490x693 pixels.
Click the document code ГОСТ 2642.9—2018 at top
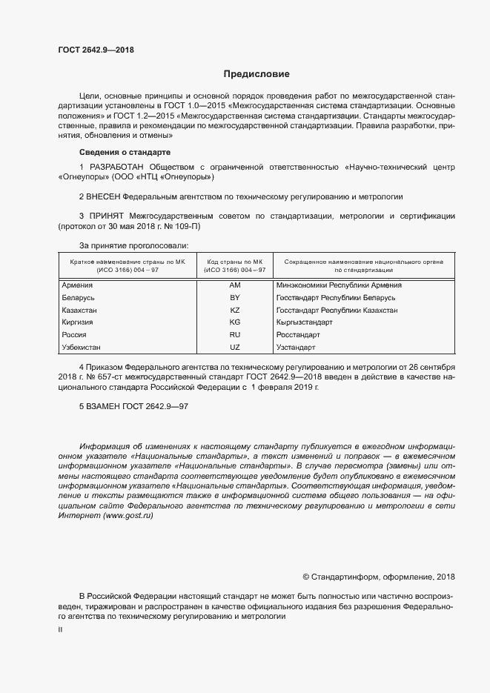click(96, 50)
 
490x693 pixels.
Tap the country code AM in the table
click(235, 285)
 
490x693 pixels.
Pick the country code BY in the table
click(235, 297)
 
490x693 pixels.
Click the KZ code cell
click(235, 310)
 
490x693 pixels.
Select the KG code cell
click(235, 322)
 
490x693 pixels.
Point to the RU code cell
click(235, 335)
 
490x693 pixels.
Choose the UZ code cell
click(235, 348)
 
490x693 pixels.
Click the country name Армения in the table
click(78, 285)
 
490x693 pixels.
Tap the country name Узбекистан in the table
click(82, 348)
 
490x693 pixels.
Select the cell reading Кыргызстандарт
click(304, 322)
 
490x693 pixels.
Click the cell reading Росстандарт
click(297, 335)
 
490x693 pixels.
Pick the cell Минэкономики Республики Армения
click(339, 285)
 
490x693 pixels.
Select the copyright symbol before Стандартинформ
click(306, 577)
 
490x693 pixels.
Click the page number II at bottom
click(60, 629)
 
